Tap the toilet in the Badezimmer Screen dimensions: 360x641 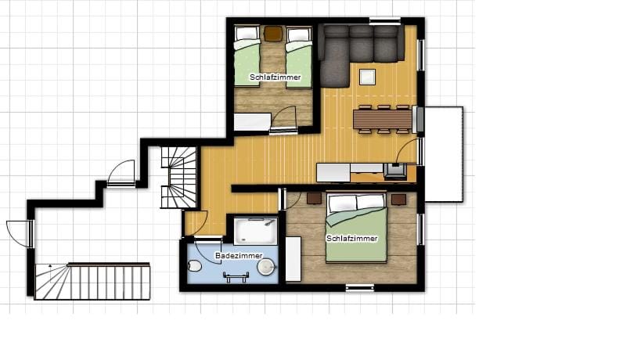coord(195,267)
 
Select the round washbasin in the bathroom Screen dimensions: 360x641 coord(266,268)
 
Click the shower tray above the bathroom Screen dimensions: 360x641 coord(255,230)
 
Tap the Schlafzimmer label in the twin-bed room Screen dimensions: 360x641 coord(275,77)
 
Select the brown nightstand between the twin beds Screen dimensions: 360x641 coord(273,34)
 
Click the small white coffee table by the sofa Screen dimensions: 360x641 coord(366,77)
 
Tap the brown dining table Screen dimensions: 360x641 coord(382,119)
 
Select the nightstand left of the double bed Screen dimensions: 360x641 coord(314,199)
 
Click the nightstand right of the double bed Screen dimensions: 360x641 coord(398,200)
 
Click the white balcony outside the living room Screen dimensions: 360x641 coord(443,153)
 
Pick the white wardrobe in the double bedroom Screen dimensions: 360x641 coord(293,258)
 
